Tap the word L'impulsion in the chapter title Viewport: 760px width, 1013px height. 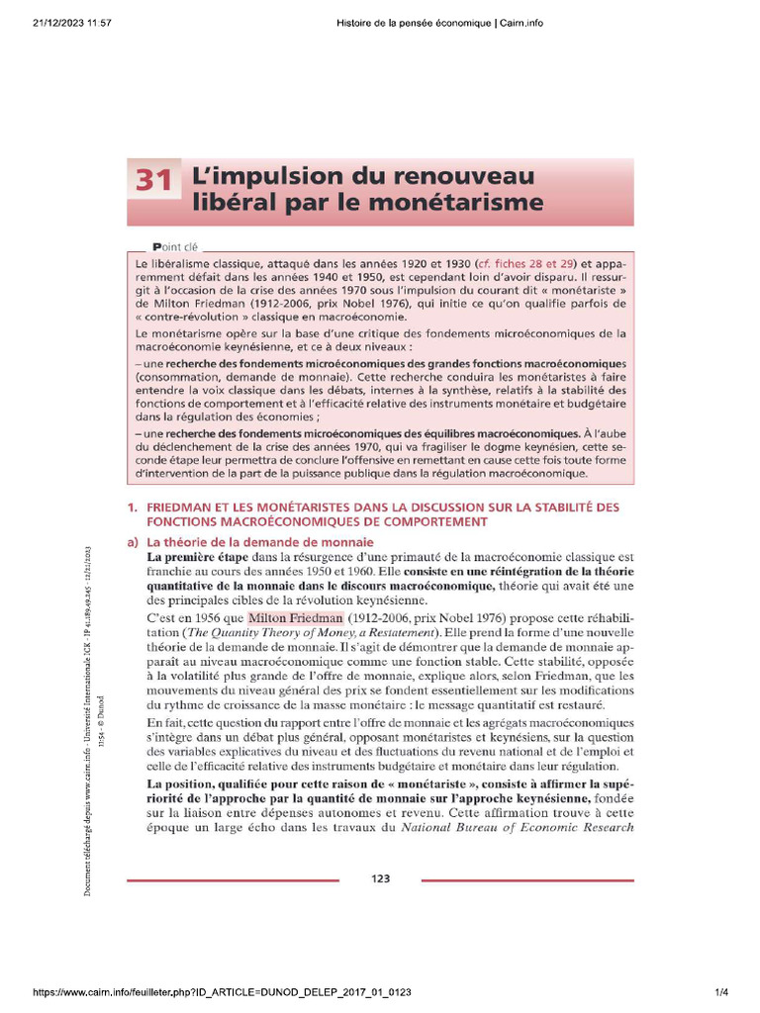(247, 176)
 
